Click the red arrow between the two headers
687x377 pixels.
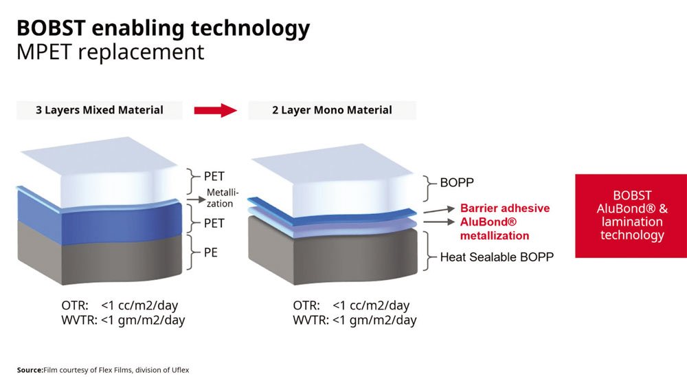point(216,110)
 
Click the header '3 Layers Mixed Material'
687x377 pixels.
point(100,110)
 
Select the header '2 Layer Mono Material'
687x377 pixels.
point(332,110)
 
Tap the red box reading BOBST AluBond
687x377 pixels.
point(631,215)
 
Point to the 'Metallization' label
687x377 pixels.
point(223,198)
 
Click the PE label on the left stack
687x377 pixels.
point(211,252)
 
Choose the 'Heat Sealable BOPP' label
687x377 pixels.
point(497,257)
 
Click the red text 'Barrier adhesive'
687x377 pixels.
point(505,208)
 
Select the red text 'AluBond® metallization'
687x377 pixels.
point(495,228)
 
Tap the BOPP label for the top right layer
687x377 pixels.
point(457,182)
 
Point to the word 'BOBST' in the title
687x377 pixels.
point(51,28)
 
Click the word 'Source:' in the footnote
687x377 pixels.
point(30,370)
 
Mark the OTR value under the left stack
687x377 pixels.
point(139,305)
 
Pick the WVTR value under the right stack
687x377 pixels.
point(374,320)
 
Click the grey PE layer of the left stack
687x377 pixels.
point(100,255)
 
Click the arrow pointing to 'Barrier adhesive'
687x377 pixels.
point(439,210)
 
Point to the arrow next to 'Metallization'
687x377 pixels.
point(196,200)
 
